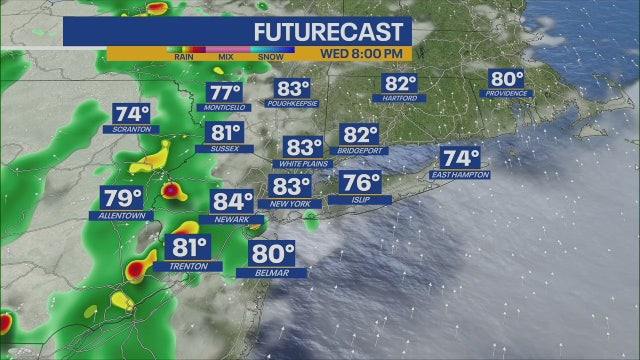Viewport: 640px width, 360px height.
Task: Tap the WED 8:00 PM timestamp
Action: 362,53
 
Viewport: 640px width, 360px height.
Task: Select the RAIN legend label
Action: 183,58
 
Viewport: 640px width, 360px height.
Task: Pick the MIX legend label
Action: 226,58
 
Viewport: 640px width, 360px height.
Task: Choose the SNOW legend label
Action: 270,58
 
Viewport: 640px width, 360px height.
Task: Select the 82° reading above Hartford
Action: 400,84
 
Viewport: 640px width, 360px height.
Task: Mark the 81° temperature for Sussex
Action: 225,133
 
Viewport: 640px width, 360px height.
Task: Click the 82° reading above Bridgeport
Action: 360,135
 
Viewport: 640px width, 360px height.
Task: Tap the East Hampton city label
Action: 460,174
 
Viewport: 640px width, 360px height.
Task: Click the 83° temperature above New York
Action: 292,187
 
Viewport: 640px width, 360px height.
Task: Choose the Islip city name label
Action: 360,200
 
